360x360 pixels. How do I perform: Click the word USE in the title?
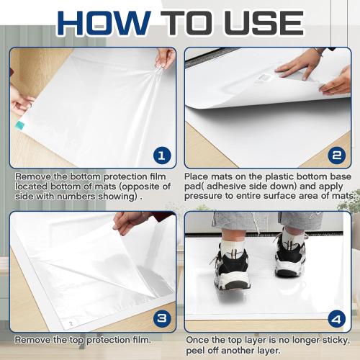[264, 23]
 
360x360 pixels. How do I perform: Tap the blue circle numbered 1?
[162, 156]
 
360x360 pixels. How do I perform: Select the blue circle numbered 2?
[336, 156]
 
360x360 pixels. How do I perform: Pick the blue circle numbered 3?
[162, 319]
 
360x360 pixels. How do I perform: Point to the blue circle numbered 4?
[336, 319]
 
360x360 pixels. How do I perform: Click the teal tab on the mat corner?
[19, 125]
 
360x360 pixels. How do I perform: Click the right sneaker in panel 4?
[290, 254]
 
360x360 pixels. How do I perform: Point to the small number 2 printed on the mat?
[71, 323]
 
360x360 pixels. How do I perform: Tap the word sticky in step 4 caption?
[336, 341]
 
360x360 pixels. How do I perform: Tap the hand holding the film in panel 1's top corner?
[165, 58]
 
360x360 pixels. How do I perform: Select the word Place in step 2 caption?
[197, 176]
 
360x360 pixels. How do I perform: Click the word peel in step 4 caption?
[194, 351]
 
